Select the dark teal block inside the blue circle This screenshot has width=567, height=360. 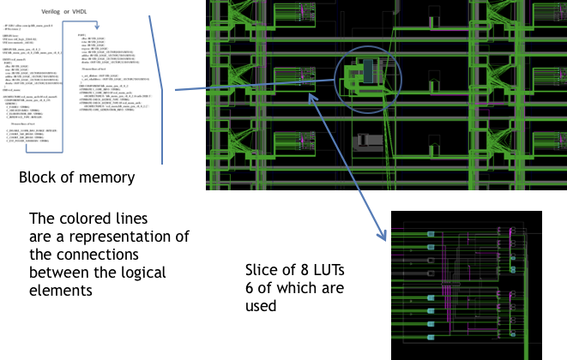368,71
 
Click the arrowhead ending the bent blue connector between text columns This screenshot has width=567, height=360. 97,27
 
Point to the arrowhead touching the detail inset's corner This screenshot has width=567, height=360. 383,237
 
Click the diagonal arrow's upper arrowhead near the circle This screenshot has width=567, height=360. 311,97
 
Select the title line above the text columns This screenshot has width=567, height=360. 64,12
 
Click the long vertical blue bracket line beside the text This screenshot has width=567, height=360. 162,120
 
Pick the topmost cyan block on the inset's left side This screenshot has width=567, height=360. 431,234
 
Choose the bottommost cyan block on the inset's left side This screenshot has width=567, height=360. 431,337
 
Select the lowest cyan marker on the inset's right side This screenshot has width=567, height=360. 513,269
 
